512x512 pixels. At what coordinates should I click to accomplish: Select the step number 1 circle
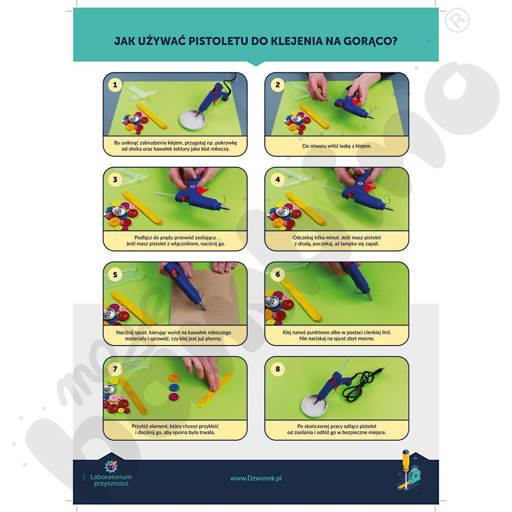[115, 85]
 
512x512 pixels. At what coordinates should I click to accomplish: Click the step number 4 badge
[278, 180]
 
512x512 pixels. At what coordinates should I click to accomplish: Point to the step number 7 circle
[115, 369]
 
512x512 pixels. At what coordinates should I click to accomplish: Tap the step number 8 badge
[278, 369]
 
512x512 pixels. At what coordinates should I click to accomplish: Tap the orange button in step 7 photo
[174, 378]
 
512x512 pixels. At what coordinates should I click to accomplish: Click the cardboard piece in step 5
[205, 297]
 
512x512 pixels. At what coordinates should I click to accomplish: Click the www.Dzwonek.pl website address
[255, 478]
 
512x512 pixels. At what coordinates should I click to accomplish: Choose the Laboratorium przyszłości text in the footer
[111, 480]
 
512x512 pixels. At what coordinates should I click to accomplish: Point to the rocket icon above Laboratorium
[111, 466]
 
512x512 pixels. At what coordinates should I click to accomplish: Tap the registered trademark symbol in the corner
[457, 20]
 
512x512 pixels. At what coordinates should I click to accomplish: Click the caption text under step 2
[337, 146]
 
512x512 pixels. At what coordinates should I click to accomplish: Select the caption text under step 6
[337, 335]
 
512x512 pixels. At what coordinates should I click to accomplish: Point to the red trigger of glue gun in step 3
[203, 190]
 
